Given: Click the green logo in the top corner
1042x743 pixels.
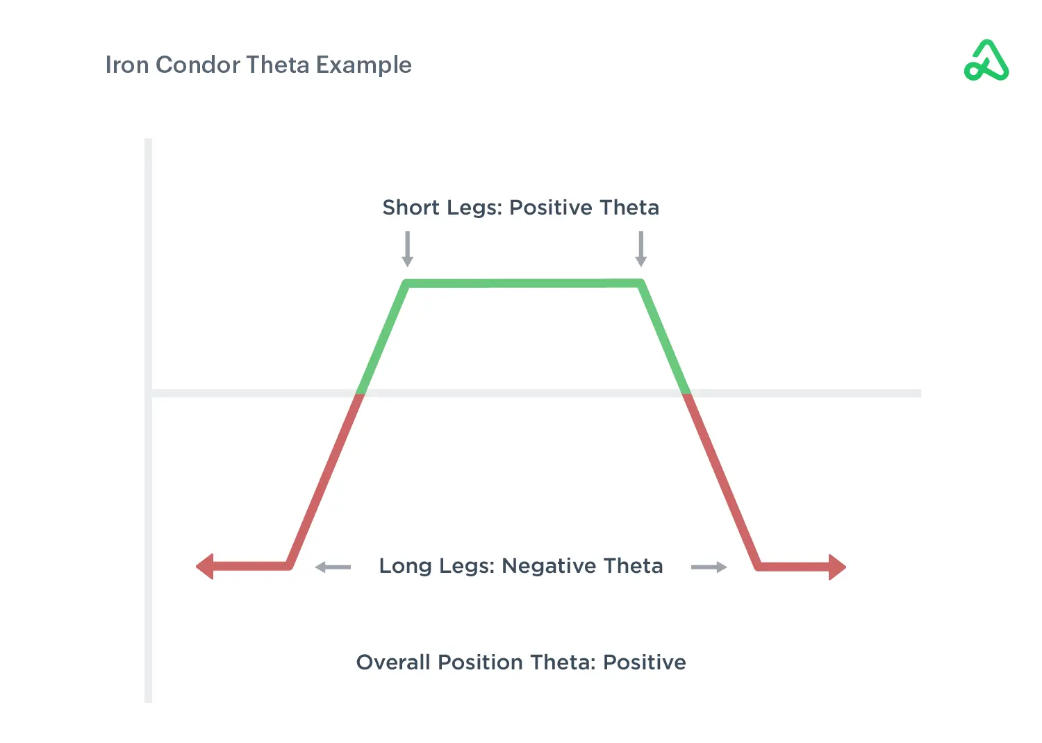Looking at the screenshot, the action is pos(986,60).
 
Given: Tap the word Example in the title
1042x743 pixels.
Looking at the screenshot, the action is pos(364,65).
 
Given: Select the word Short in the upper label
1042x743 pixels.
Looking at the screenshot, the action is pos(411,208).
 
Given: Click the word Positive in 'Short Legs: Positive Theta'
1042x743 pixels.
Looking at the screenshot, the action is pos(551,208).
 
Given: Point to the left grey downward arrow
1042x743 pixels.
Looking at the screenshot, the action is pos(408,249).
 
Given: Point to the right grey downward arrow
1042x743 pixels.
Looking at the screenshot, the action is pos(641,249).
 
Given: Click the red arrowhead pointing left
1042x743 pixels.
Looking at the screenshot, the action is pos(205,567).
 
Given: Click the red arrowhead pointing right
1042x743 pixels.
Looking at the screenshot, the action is pos(837,567).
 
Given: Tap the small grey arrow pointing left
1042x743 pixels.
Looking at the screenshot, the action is pos(333,567).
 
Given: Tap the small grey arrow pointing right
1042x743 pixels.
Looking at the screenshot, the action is pos(709,567).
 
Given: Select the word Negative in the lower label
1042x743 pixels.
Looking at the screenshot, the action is pos(549,567).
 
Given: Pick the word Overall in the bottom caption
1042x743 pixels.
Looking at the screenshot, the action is pos(393,662).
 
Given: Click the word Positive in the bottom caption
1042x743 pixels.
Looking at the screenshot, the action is pos(645,662).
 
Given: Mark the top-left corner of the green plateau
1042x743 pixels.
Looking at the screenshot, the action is pos(406,283).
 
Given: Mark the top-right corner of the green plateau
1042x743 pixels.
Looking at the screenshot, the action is pos(642,283).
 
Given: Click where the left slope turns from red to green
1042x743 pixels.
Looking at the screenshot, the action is pos(360,394).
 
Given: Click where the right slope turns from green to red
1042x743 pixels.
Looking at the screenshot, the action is pos(686,393).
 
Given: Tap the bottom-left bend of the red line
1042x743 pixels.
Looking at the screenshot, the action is pos(290,566).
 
